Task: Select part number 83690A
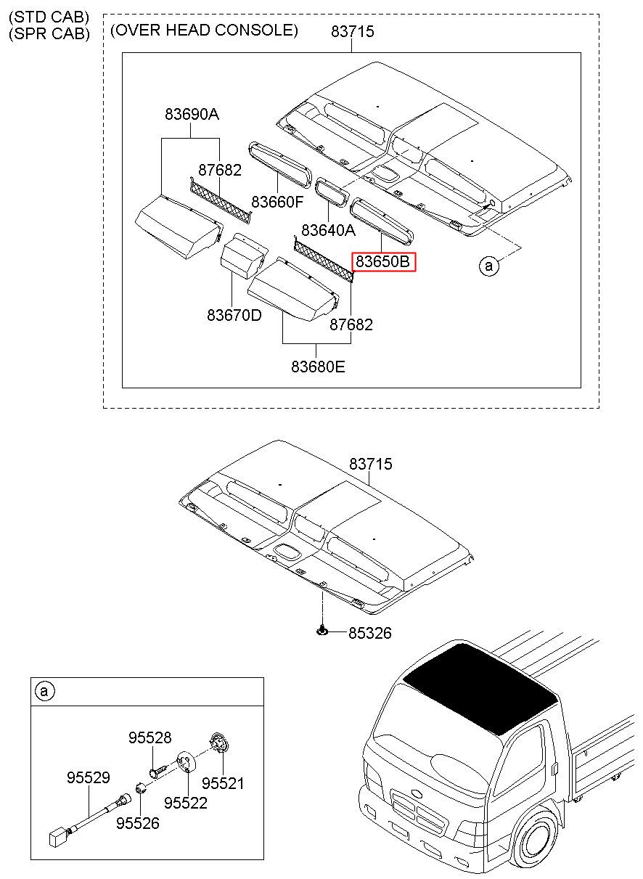click(x=192, y=114)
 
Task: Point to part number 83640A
click(x=329, y=231)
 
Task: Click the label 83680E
click(x=319, y=367)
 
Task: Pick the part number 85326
click(x=369, y=634)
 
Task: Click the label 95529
click(x=88, y=778)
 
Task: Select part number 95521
click(x=223, y=783)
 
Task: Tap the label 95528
click(x=150, y=737)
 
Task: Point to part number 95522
click(x=186, y=803)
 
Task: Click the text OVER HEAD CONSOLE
click(x=204, y=30)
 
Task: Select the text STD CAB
click(x=49, y=16)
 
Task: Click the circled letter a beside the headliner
click(x=489, y=266)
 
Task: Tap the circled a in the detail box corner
click(x=44, y=691)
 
